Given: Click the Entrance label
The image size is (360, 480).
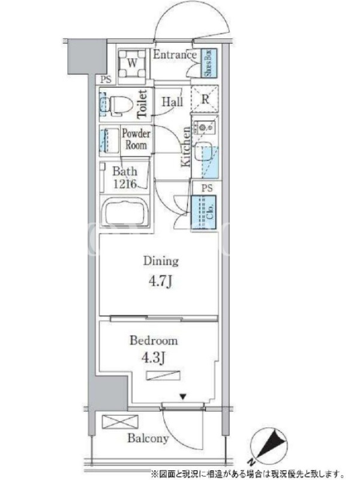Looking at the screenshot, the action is (175, 55).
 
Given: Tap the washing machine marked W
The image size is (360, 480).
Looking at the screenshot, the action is (132, 64).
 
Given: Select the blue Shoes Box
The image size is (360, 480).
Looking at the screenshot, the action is (209, 63).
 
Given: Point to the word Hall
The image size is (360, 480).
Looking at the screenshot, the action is (172, 101).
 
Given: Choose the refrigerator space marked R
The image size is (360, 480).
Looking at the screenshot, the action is (205, 99).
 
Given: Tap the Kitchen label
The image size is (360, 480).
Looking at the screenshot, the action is (186, 147).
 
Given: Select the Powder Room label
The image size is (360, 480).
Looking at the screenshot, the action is (136, 139).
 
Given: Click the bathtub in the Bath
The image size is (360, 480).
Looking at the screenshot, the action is (125, 212).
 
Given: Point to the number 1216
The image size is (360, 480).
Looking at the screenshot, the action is (125, 184).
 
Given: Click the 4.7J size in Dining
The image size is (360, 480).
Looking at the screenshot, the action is (161, 281).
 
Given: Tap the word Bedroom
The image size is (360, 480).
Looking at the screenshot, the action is (154, 341).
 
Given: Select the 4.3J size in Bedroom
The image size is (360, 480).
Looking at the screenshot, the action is (154, 358).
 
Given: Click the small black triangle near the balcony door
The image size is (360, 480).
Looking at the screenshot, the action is (183, 397).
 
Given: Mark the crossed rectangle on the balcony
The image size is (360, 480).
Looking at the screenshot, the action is (120, 422).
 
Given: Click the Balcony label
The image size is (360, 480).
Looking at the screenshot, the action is (148, 439).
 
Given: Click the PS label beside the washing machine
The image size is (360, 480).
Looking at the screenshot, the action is (106, 80).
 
